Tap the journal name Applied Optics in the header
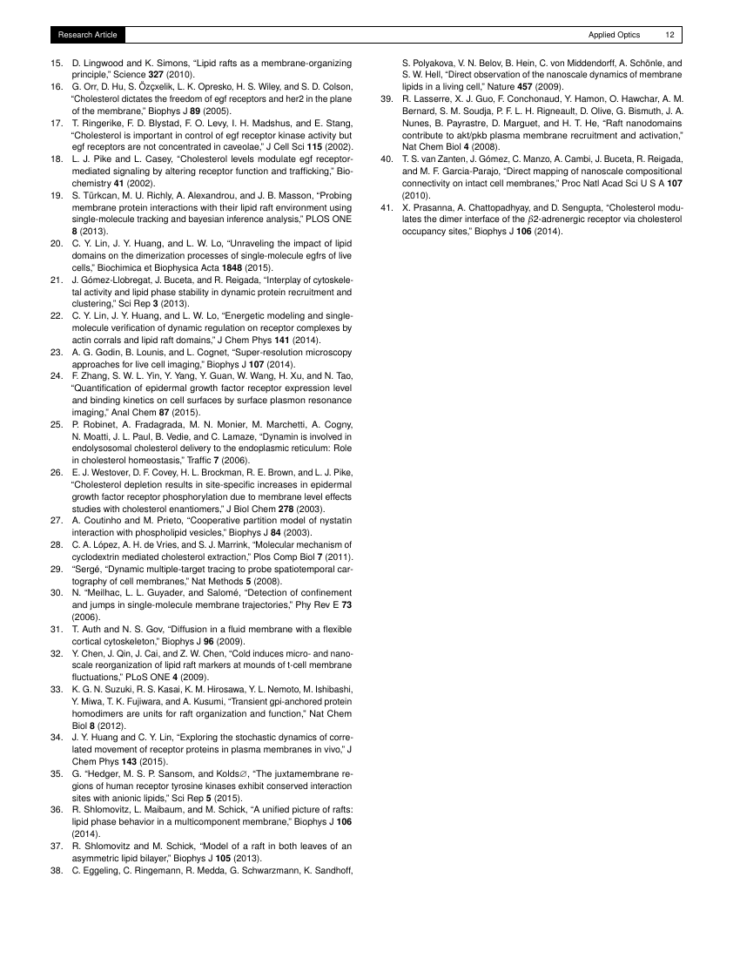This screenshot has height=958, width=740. (614, 35)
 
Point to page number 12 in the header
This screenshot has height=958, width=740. (669, 35)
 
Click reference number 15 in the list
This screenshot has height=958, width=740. (56, 64)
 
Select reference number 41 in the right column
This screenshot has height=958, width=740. (389, 208)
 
